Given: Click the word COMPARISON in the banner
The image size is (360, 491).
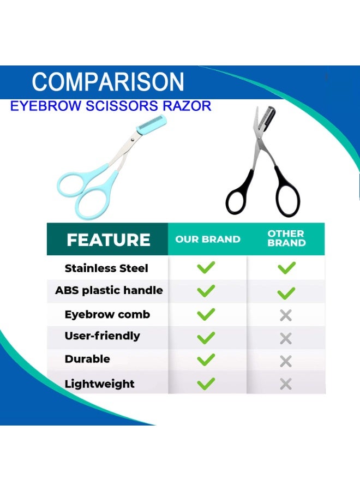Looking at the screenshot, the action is point(108,82).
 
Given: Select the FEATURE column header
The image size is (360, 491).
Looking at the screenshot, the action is point(109,240).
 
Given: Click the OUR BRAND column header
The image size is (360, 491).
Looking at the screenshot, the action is point(208,239).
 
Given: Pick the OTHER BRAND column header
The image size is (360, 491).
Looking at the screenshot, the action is point(286,238).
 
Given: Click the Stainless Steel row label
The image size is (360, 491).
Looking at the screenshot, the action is point(106,268).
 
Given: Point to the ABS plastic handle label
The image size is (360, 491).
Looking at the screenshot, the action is point(109,291).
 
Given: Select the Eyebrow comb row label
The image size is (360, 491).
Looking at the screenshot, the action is point(107,314).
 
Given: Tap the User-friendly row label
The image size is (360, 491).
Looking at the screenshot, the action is point(102,336).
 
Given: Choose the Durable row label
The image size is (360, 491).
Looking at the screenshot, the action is point(87,359).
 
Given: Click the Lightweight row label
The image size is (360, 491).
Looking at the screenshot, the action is point(99,384).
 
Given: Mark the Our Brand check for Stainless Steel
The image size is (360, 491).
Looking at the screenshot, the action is point(206,267).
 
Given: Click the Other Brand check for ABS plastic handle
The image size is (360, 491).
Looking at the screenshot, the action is point(286,293).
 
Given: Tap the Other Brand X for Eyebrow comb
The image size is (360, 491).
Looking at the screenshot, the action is point(286,315).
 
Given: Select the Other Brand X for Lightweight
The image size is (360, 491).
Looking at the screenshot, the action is point(286,384).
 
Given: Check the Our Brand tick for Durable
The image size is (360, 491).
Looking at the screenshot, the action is point(206,360).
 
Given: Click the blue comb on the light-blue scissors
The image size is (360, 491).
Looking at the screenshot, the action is point(152,124).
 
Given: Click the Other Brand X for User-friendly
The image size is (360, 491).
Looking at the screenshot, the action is point(286,338).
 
